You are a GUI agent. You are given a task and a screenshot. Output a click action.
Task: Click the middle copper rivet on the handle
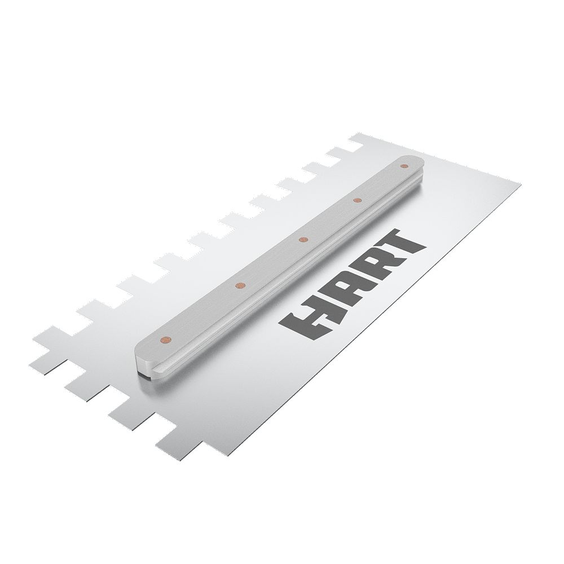click(303, 240)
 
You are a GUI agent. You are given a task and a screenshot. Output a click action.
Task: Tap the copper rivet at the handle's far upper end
click(404, 166)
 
